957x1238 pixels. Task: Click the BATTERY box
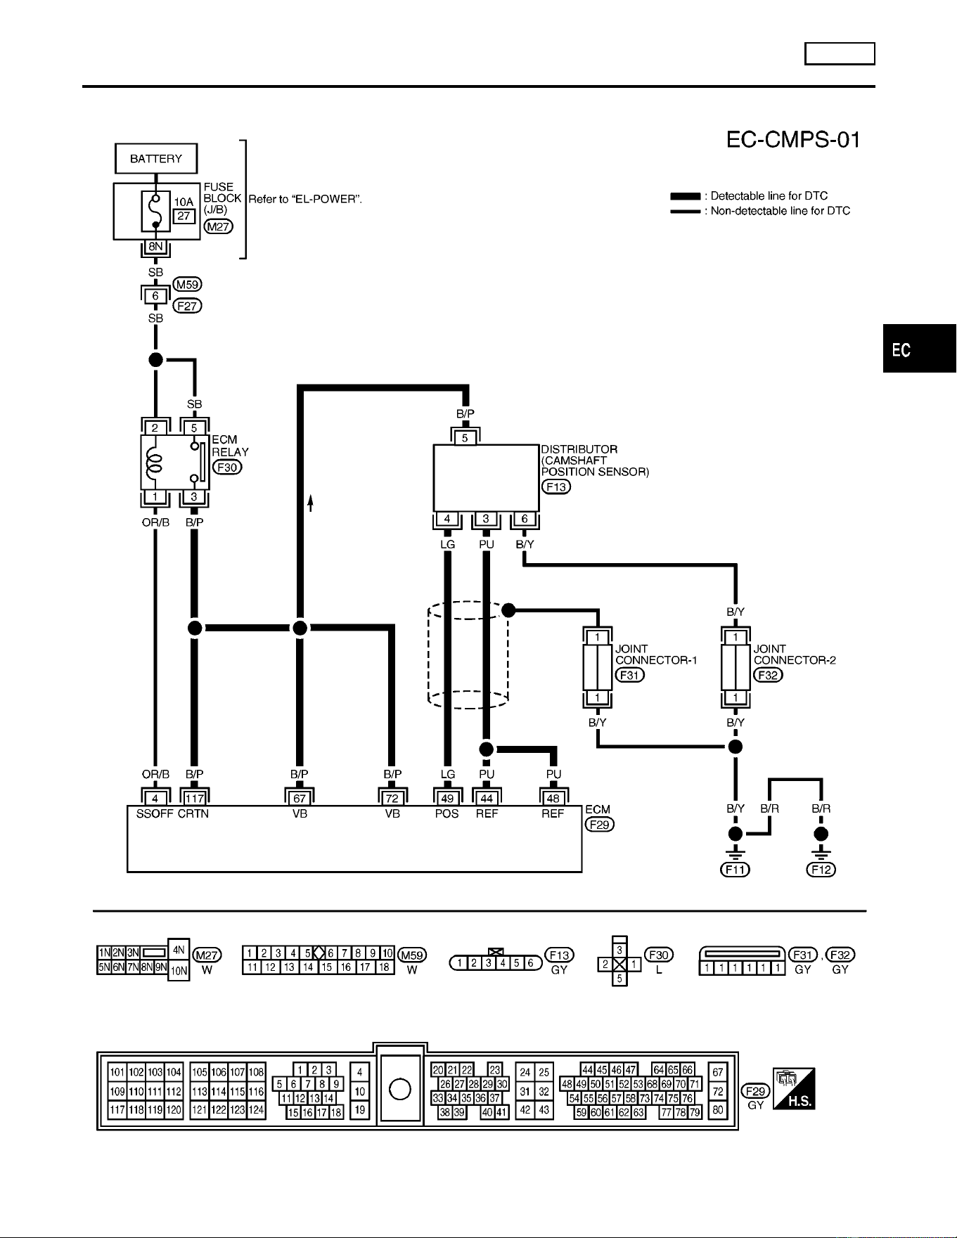click(x=156, y=158)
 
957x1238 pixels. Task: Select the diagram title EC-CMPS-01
click(x=793, y=140)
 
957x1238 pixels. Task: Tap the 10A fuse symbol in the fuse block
click(x=155, y=211)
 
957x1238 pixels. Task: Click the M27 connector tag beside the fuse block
click(x=218, y=226)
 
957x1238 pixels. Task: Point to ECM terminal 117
click(x=195, y=798)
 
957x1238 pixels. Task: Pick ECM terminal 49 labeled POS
click(x=447, y=798)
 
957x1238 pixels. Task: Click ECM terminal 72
click(x=392, y=798)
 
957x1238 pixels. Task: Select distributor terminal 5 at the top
click(x=465, y=438)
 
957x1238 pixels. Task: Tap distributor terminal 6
click(x=525, y=520)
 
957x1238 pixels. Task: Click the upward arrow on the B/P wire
click(x=310, y=503)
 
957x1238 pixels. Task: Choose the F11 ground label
click(x=736, y=870)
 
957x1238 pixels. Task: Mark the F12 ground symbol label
click(x=821, y=870)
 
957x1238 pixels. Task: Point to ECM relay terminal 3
click(x=194, y=497)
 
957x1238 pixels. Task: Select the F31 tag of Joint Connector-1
click(x=630, y=675)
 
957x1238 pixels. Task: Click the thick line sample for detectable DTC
click(x=685, y=196)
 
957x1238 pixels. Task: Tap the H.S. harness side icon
click(x=794, y=1089)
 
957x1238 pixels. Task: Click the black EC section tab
click(x=920, y=349)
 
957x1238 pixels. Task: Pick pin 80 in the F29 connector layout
click(x=718, y=1111)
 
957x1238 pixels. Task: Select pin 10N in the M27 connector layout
click(x=179, y=971)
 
